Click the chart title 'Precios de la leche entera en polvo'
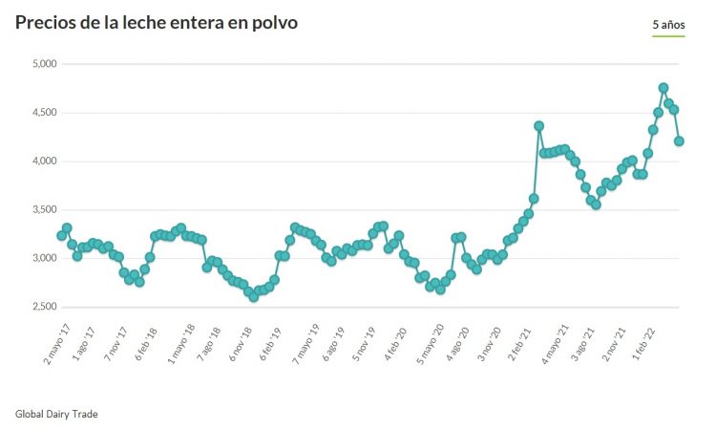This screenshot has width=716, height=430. coord(156,22)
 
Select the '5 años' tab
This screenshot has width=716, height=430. coord(668,23)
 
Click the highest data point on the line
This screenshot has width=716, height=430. coord(663,88)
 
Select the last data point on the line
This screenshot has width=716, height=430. coord(680,141)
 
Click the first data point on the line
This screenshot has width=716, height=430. coord(62,235)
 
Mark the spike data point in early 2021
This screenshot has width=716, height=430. coord(539,126)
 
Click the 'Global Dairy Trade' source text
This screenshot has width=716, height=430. coord(56,414)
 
